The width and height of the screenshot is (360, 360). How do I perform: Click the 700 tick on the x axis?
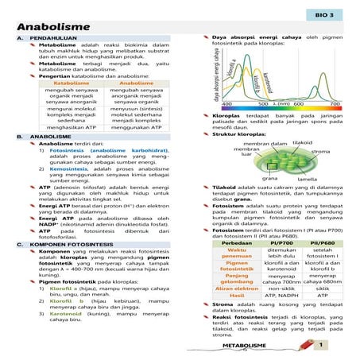335,104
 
